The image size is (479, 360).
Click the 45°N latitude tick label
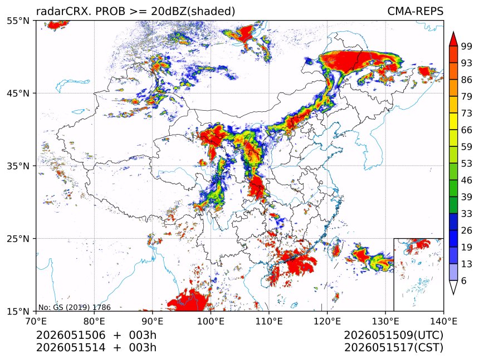coord(18,93)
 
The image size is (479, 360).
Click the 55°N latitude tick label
coord(18,21)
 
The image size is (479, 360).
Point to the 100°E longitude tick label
coord(211,321)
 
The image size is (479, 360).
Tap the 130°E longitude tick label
coord(385,321)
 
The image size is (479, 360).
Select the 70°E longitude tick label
coord(36,321)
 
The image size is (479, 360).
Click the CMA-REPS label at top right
coord(415,11)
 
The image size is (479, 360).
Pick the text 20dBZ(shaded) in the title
coord(193,12)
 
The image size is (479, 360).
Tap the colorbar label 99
coord(467,46)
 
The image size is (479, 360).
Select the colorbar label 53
coord(467,164)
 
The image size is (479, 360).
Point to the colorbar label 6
coord(464,280)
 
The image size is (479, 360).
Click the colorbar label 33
coord(467,214)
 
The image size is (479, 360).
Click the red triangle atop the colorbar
coord(453,40)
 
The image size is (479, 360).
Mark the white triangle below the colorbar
coord(453,287)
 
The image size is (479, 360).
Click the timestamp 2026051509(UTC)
coord(393,336)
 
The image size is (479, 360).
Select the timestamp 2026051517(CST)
coord(393,348)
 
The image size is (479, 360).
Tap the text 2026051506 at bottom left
coord(71,335)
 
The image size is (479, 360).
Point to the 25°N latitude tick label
coord(18,238)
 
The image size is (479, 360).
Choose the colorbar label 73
coord(467,114)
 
